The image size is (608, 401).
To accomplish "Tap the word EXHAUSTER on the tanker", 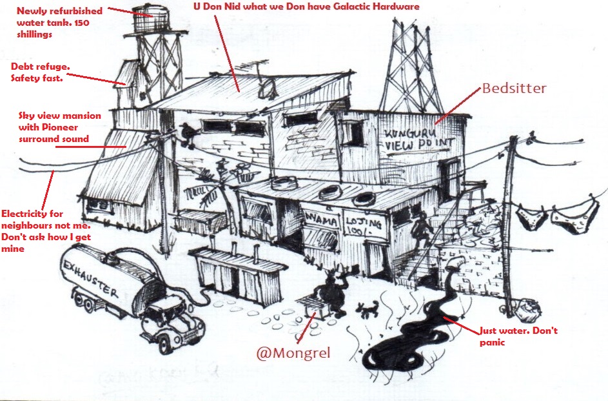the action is (x=90, y=278).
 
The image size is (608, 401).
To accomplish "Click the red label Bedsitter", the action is (x=514, y=88).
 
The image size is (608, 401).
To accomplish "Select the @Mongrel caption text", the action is (x=293, y=353).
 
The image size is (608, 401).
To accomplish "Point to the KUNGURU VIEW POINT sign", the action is (x=419, y=139).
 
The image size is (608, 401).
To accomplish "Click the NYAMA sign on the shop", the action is (x=322, y=220).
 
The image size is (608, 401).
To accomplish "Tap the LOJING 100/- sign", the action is (x=364, y=225).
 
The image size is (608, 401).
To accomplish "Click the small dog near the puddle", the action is (x=368, y=309).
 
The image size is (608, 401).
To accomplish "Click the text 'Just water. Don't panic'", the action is (x=518, y=336).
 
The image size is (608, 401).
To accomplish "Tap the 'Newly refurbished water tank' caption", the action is (x=59, y=23).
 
